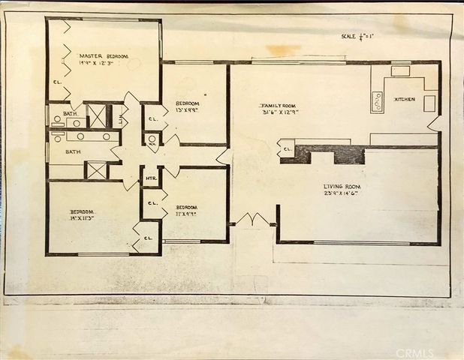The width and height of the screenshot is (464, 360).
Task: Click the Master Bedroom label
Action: coord(104,56)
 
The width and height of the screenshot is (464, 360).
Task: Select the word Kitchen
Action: coord(405,99)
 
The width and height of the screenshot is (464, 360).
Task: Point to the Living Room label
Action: coord(342,186)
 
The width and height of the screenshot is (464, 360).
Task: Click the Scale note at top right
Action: coord(357,36)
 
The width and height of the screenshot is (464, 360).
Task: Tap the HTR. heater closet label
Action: coord(150,178)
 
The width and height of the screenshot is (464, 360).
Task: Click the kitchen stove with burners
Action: coord(377,101)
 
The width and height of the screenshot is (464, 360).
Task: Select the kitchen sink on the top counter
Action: coord(400,71)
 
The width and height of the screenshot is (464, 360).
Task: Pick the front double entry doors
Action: coord(252,220)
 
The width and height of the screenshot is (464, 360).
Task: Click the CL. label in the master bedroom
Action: coord(57,82)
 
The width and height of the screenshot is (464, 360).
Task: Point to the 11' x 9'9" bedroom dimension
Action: coord(186,214)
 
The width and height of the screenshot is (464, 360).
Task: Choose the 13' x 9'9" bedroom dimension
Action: coord(186,110)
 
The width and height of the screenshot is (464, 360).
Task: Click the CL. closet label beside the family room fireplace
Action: coord(288,151)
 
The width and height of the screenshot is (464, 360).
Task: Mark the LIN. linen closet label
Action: coord(120,117)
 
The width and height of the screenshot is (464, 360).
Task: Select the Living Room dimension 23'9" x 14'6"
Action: coord(341,193)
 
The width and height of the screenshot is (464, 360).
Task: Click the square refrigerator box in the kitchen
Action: coord(429,103)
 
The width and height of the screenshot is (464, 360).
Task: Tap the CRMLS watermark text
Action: coord(414,352)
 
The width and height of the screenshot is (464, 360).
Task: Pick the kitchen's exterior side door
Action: coord(434,124)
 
